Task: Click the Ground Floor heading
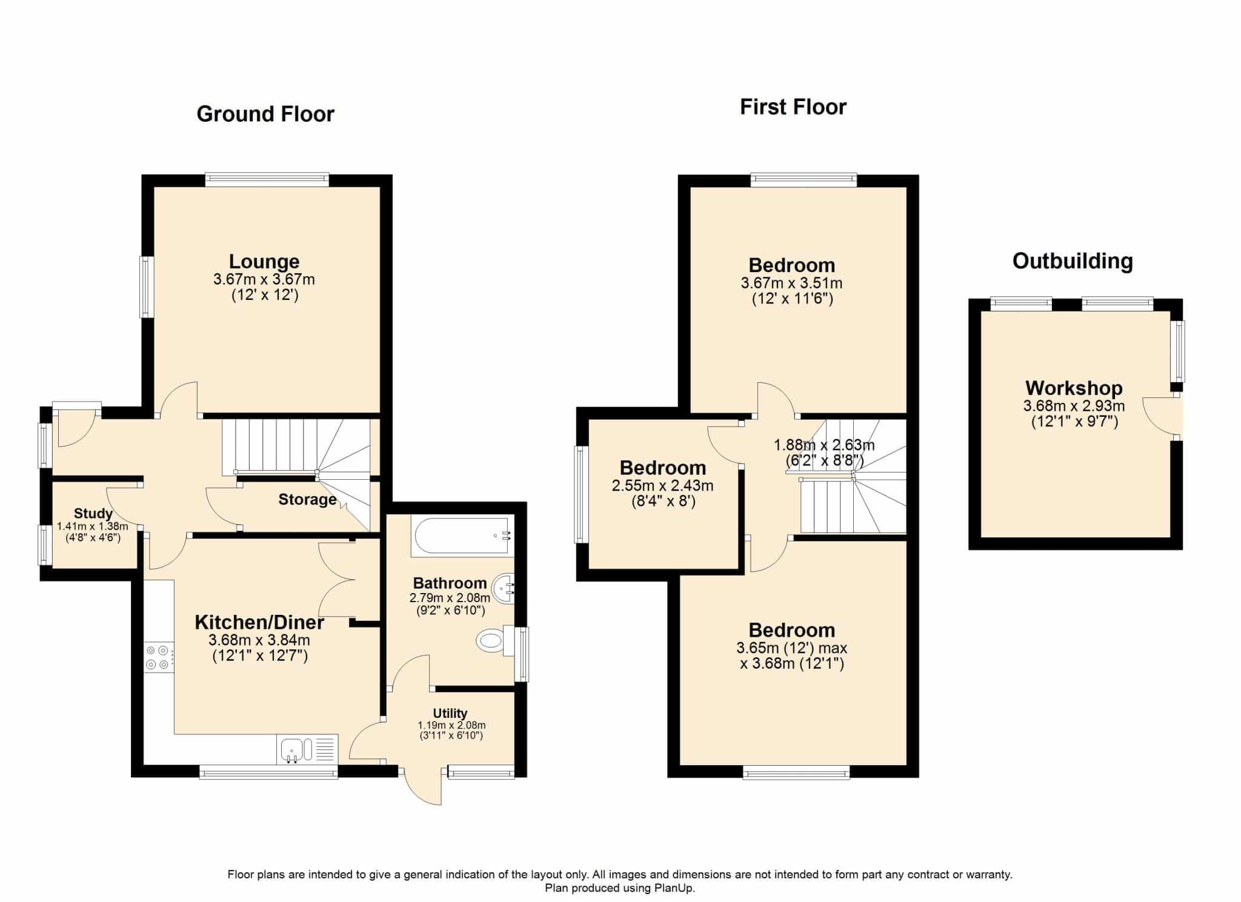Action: point(265,114)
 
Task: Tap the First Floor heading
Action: point(793,107)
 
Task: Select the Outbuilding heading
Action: point(1073,261)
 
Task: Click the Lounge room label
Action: point(264,261)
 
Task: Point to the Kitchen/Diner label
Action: point(259,622)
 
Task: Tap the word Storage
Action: point(307,499)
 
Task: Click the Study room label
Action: point(93,513)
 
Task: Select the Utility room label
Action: point(450,713)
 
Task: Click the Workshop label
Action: point(1074,388)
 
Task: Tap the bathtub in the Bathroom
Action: point(462,536)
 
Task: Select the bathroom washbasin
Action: point(504,588)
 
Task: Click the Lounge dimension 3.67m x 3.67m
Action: point(264,280)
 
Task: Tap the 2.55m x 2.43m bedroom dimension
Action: point(663,485)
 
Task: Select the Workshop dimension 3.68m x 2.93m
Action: point(1074,406)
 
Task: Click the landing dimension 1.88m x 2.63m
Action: point(824,445)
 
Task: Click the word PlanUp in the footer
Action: point(674,889)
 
